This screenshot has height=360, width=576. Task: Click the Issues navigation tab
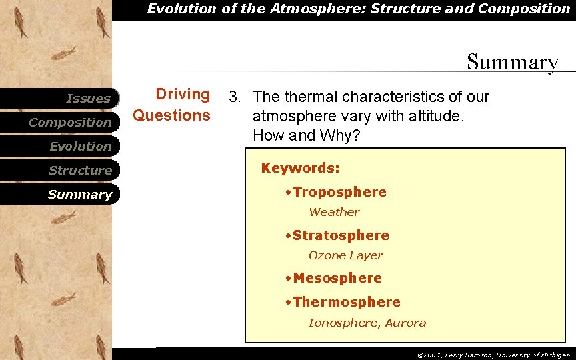[x=88, y=99]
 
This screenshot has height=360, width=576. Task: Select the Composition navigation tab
[x=70, y=123]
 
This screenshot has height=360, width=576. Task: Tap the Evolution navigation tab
[x=80, y=147]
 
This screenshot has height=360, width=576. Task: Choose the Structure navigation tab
[x=80, y=171]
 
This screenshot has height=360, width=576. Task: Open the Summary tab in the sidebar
[x=80, y=195]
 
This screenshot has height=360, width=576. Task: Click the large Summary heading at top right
[x=513, y=62]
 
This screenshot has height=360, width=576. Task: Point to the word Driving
[x=183, y=95]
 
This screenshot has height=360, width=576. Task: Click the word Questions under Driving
[x=172, y=115]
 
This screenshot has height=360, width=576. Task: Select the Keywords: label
[x=300, y=168]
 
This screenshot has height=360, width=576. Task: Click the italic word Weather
[x=334, y=212]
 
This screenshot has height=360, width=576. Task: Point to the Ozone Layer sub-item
[x=345, y=255]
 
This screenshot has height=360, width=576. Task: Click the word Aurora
[x=405, y=323]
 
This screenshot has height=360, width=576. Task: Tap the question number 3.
[x=234, y=97]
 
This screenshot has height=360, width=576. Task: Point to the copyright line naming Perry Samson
[x=493, y=355]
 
